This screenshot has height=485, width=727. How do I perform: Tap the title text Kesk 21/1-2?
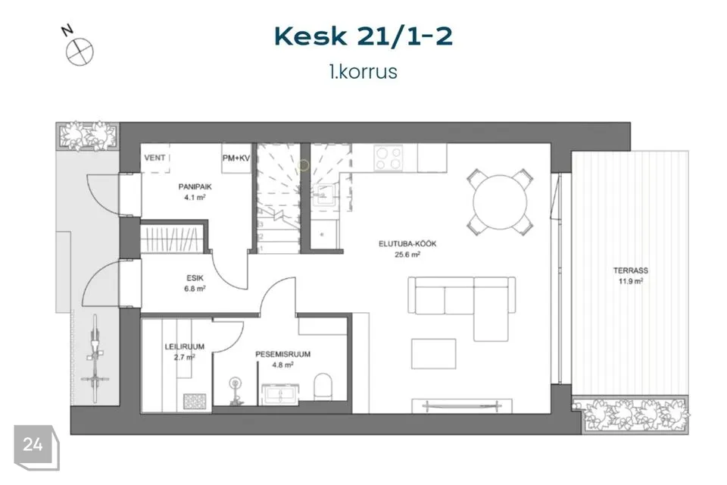point(363,36)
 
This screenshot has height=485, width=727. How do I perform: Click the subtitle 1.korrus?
point(363,72)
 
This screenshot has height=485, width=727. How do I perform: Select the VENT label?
point(154,158)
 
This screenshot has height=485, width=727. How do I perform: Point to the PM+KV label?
point(236,158)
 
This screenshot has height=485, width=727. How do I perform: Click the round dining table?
point(500,202)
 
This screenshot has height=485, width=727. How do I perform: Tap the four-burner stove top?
point(388,158)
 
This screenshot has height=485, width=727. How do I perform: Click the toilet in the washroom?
point(323,386)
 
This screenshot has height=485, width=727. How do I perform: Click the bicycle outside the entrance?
point(95,358)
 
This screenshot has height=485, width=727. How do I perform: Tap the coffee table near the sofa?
point(433,354)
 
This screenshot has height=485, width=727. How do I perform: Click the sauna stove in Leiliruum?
point(195,402)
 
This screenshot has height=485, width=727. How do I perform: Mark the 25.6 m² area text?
point(407,255)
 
